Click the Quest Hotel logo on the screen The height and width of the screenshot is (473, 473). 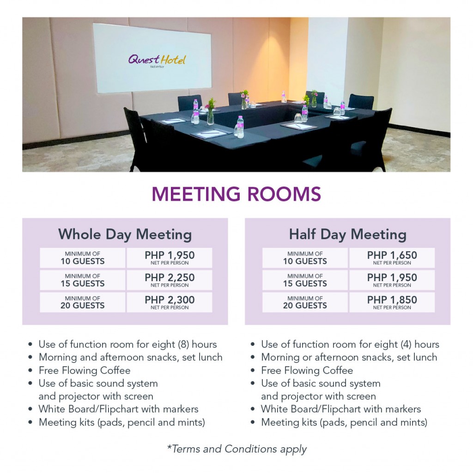pos(157,60)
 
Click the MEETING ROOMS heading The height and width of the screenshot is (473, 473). pos(236,194)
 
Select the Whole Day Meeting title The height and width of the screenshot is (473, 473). pos(125,234)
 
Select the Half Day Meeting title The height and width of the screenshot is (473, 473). pos(347,234)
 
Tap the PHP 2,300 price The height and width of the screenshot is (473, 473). pos(170,302)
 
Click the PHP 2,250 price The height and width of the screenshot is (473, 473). pos(170,280)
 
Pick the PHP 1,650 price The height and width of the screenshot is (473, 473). pos(392,258)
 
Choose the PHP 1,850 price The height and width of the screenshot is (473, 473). pos(392,302)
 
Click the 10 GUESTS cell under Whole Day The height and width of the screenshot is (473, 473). pos(83,258)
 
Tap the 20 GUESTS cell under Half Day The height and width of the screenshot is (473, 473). pos(305,302)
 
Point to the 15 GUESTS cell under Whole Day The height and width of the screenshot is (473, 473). pos(83,280)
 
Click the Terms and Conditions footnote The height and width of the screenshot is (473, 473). pos(236,448)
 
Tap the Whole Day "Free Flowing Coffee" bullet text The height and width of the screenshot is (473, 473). pos(85,370)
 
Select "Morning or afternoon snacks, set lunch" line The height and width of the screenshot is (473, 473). pos(349,357)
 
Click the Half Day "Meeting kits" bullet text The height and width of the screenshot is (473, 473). pos(344,422)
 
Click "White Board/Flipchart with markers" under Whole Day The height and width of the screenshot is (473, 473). pos(118,409)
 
